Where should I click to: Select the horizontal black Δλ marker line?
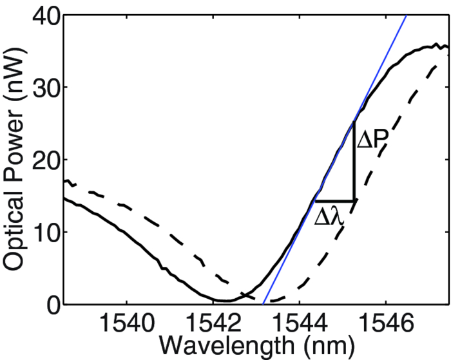[334, 201]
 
